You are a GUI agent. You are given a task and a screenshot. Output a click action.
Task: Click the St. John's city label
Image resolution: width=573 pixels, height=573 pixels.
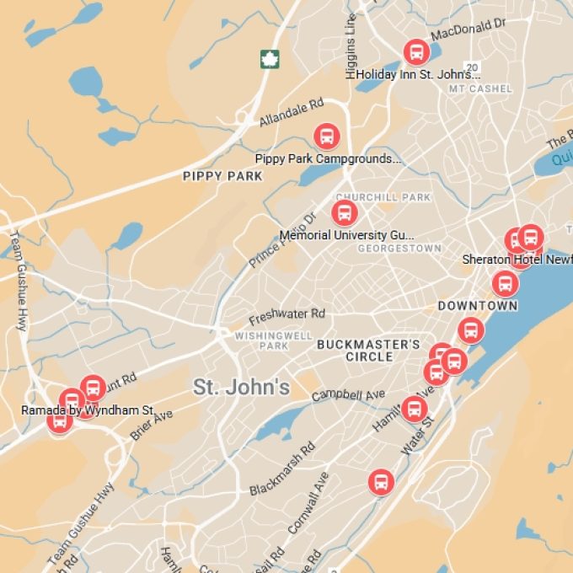click(241, 387)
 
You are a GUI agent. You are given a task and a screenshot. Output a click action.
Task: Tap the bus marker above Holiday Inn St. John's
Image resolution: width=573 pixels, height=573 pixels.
click(415, 52)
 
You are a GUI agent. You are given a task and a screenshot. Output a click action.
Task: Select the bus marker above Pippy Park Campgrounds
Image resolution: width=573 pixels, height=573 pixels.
click(326, 136)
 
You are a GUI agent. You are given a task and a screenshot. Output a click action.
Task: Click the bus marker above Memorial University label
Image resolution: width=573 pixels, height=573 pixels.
click(344, 212)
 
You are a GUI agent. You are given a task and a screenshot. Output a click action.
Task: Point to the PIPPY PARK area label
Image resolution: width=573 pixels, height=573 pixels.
click(222, 176)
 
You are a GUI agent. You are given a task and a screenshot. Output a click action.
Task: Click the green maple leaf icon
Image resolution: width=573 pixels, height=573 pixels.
click(270, 58)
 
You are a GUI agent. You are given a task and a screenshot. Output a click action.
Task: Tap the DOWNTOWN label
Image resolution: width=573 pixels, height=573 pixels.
click(477, 305)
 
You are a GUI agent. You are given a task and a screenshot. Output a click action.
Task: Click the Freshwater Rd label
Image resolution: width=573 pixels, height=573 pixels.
click(286, 317)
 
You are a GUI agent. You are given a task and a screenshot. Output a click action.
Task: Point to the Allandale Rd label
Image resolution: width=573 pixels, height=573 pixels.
click(291, 113)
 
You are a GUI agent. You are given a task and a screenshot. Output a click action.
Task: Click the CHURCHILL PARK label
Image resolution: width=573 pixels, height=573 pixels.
click(394, 198)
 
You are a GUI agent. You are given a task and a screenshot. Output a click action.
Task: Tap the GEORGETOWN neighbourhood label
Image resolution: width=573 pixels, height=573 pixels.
click(399, 249)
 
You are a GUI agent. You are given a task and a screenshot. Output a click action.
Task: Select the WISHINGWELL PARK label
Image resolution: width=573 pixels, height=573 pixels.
click(261, 340)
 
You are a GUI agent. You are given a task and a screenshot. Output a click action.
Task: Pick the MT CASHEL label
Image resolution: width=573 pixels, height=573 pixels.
click(479, 88)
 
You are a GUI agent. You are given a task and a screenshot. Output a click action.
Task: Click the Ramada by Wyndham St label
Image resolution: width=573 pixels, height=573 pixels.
click(88, 410)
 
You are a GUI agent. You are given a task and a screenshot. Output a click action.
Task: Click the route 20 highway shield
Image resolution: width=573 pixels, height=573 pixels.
click(472, 67)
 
